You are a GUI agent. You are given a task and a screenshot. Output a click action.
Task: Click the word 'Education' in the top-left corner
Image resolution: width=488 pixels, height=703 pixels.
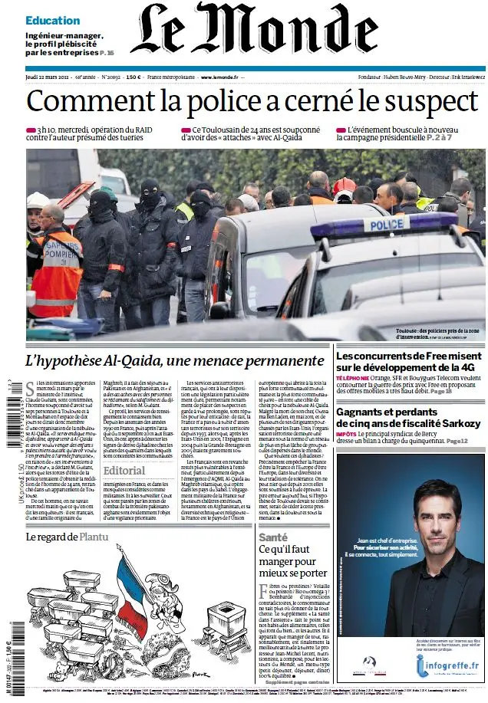coord(52,21)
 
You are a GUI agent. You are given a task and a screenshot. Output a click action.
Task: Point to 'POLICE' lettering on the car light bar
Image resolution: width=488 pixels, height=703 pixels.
coord(386,224)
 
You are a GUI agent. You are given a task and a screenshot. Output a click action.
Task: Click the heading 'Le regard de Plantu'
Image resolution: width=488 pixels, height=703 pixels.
coord(67,537)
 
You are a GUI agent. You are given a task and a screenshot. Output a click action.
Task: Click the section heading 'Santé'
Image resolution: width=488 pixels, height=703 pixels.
coord(272,537)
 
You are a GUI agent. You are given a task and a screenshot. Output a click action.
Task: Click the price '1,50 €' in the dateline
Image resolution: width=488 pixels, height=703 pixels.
coord(134,78)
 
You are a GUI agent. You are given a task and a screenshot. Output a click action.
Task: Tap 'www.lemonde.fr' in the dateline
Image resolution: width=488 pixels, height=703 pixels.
coord(219,78)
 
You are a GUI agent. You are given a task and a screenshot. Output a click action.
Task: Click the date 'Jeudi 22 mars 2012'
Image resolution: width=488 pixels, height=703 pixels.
coord(48,78)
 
